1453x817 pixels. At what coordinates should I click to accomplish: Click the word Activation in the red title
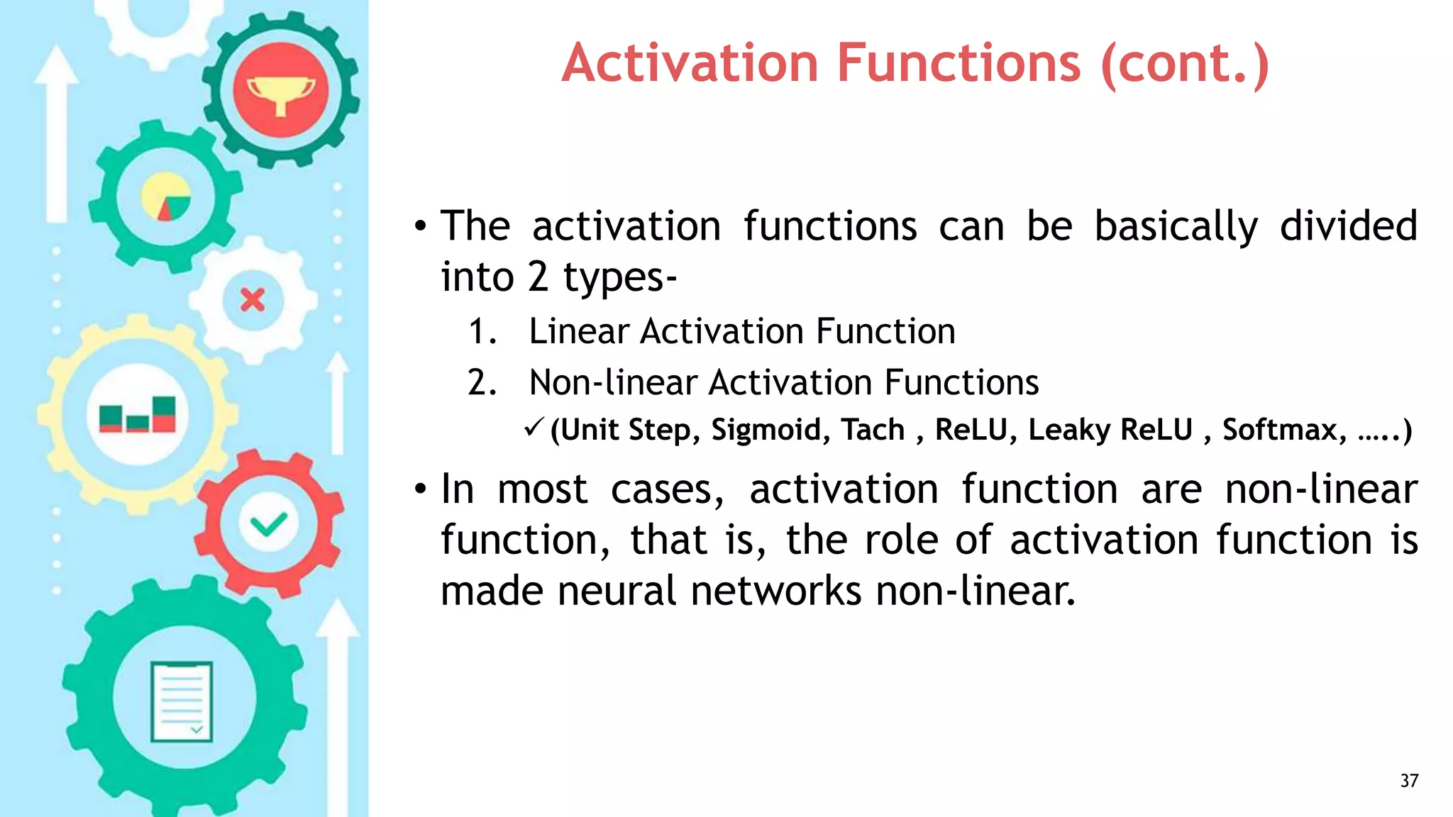[690, 64]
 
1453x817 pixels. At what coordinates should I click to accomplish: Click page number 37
[1409, 781]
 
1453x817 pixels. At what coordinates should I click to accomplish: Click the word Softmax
[1283, 430]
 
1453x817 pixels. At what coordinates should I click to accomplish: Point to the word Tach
[873, 430]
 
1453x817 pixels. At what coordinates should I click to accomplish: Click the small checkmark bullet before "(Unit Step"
[534, 428]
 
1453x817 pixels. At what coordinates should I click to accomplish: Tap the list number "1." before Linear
[482, 332]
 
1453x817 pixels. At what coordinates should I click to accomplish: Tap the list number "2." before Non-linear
[482, 383]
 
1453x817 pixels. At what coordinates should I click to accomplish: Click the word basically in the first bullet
[1176, 227]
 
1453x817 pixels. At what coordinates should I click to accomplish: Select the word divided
[1348, 227]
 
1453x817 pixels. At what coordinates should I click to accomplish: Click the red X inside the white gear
[253, 300]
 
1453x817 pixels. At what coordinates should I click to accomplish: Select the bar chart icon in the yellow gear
[138, 415]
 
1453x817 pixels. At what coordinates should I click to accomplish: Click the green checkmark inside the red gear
[268, 525]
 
